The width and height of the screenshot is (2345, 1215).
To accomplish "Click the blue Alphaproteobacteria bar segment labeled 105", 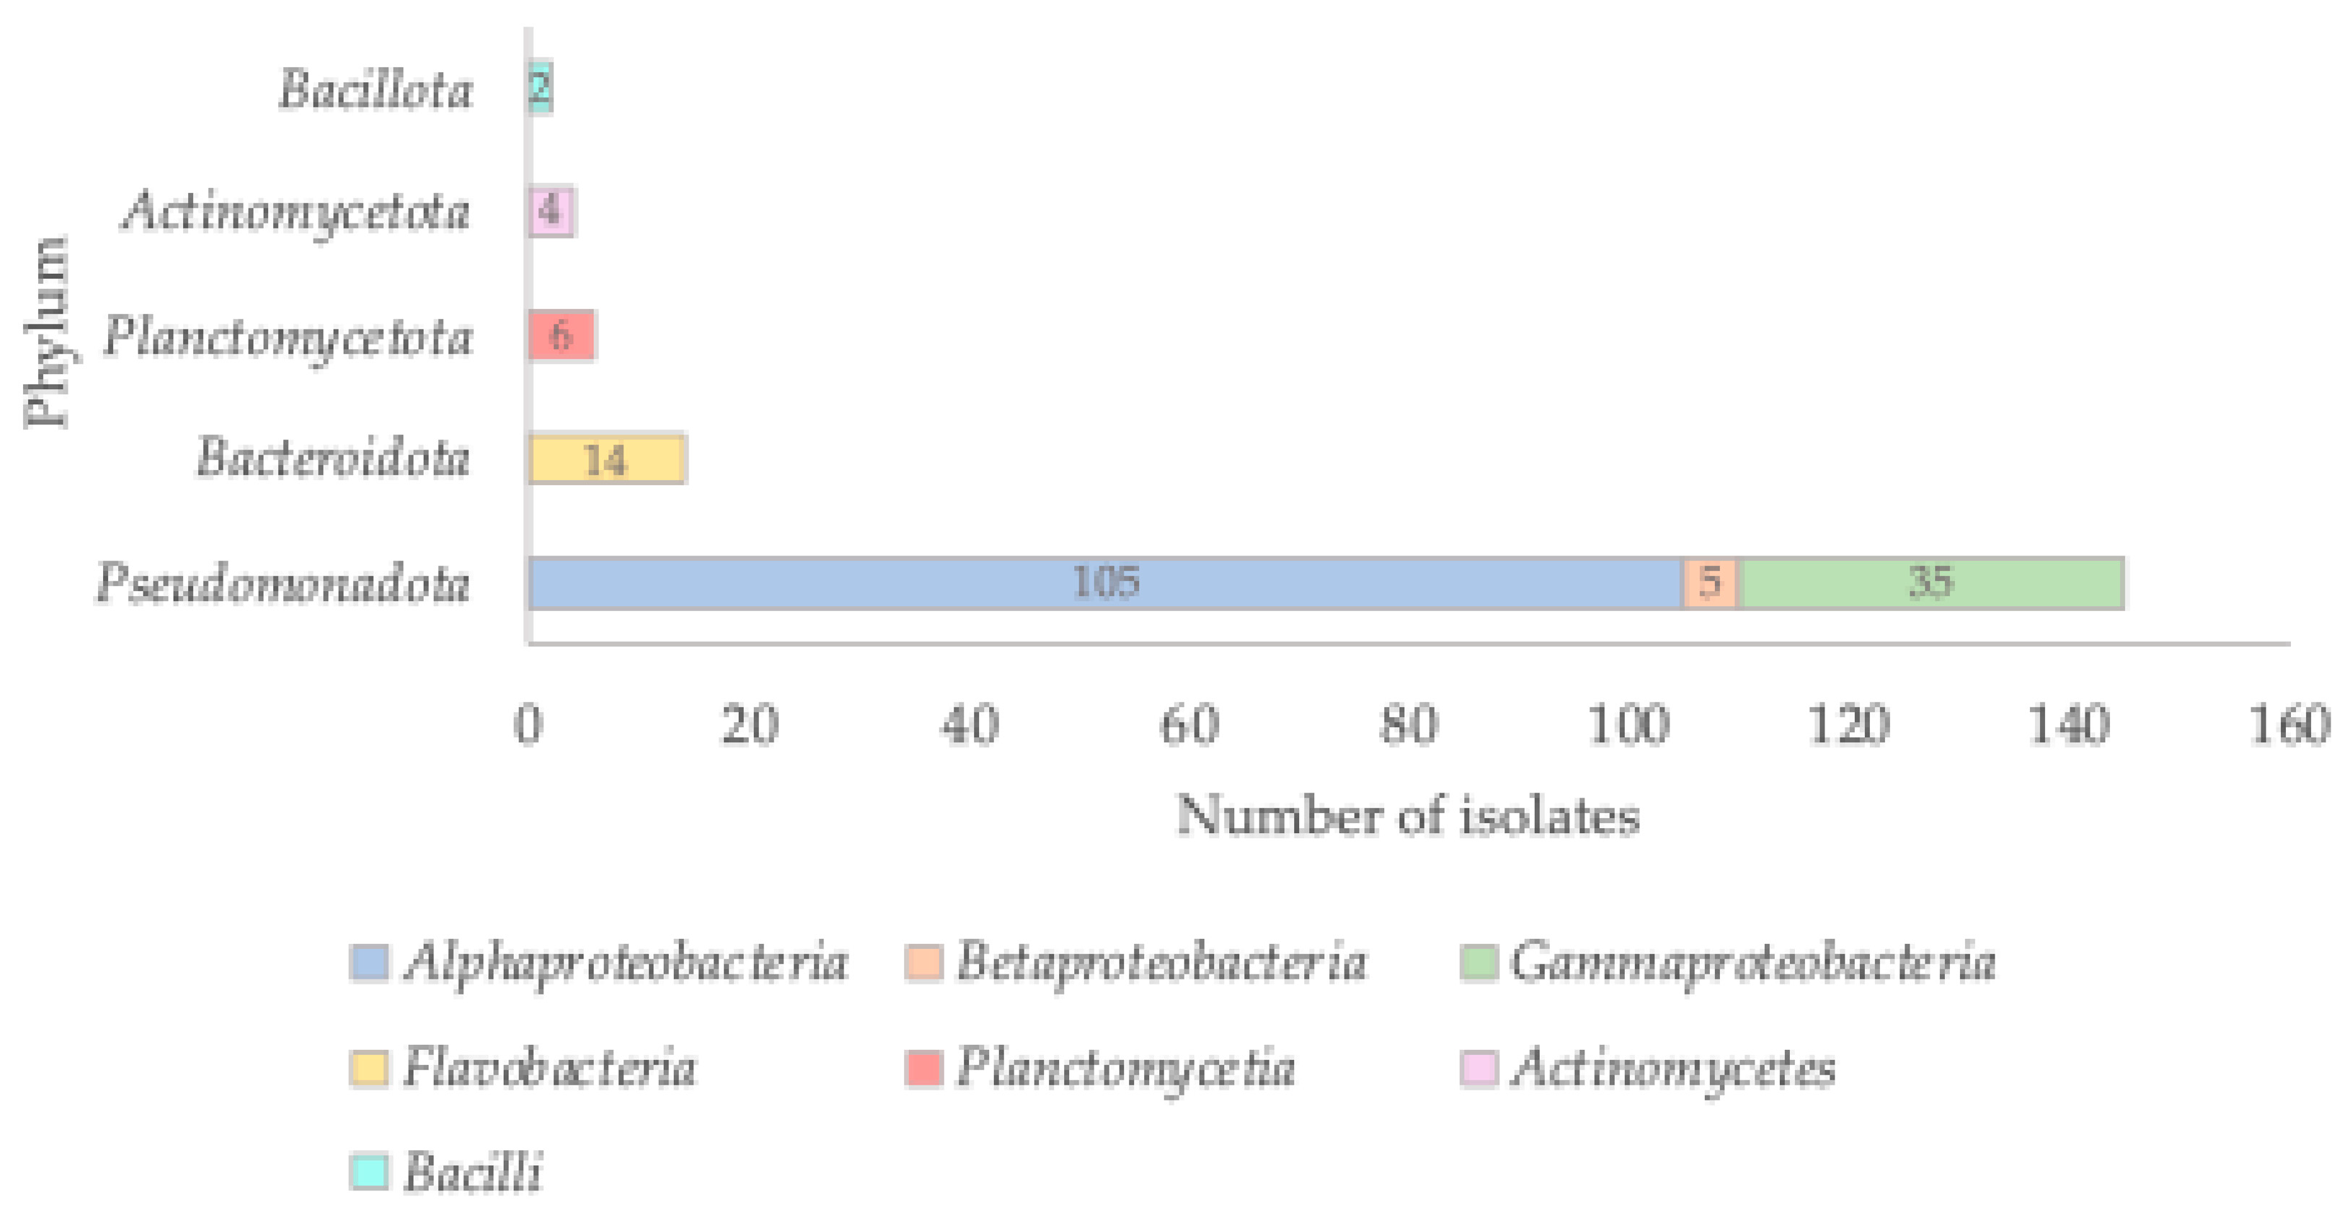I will (x=1104, y=582).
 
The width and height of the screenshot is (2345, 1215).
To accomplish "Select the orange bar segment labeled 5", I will (x=1710, y=582).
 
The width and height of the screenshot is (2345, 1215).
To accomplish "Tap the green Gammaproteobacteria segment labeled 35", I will (x=1930, y=582).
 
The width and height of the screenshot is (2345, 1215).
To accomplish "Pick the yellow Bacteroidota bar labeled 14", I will (x=606, y=460).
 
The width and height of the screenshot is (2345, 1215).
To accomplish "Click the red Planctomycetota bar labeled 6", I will (x=561, y=336).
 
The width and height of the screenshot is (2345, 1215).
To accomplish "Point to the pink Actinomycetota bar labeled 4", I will (x=551, y=211).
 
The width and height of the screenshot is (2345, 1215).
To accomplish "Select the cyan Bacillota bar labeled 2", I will (x=540, y=87).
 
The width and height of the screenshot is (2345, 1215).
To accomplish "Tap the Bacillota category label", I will (x=375, y=90).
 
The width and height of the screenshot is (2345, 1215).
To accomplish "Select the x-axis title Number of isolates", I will (x=1407, y=814).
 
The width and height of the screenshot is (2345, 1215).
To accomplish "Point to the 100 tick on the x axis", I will (x=1628, y=726).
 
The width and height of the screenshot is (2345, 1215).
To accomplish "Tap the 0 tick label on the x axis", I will (x=528, y=726).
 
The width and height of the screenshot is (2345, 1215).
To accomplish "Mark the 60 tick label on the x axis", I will (x=1189, y=726).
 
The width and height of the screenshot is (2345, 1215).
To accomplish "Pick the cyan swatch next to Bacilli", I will (x=368, y=1170).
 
